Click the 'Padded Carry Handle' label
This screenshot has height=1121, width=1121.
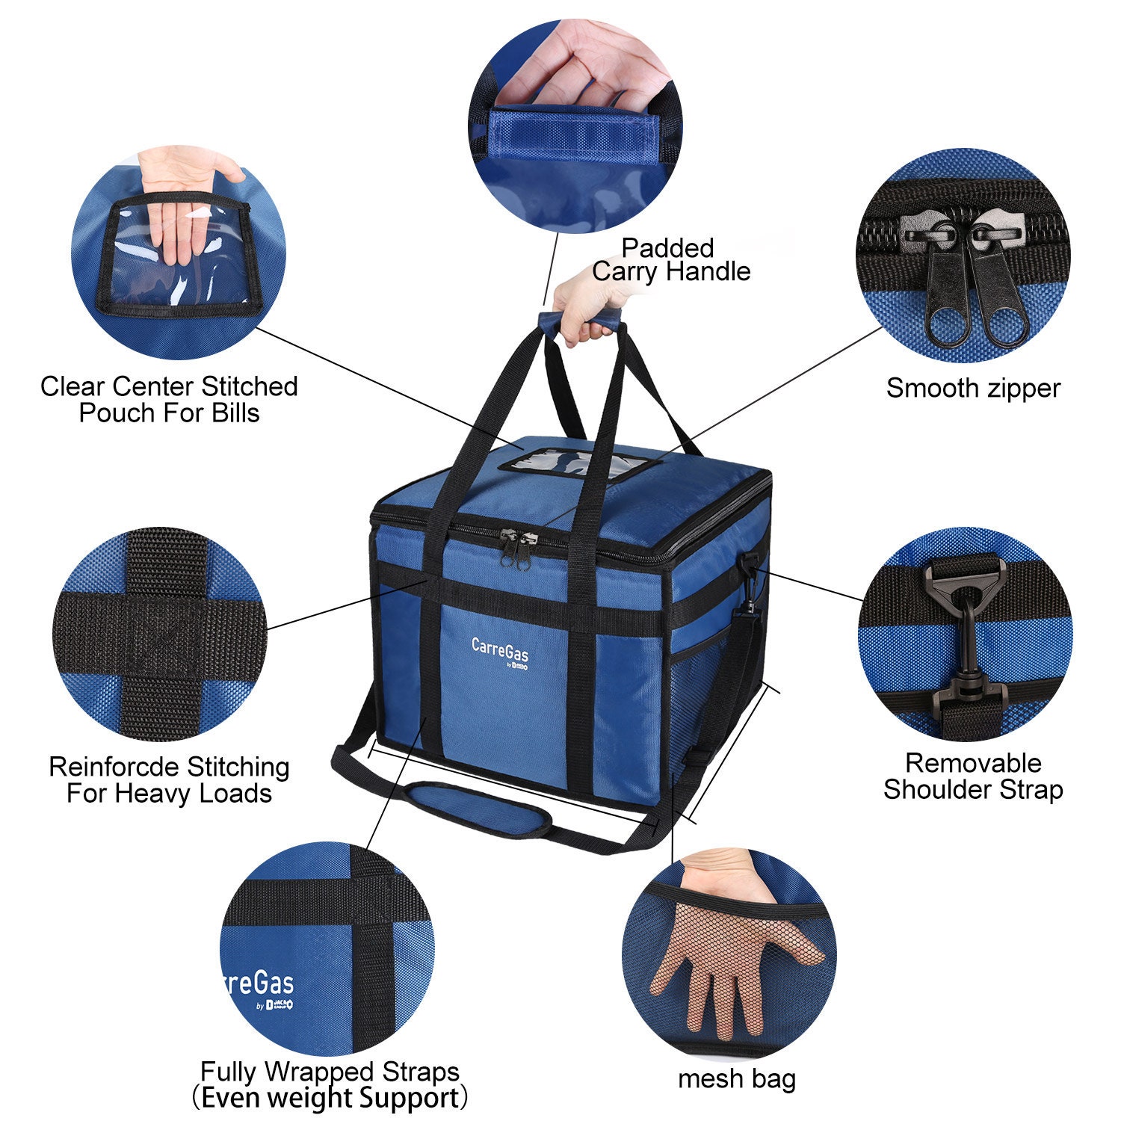pyautogui.click(x=670, y=259)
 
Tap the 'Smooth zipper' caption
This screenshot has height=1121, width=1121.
pyautogui.click(x=973, y=389)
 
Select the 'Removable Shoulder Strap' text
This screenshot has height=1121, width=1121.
pyautogui.click(x=973, y=776)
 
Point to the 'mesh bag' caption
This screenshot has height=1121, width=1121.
pyautogui.click(x=737, y=1079)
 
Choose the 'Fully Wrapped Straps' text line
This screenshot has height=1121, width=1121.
pyautogui.click(x=330, y=1072)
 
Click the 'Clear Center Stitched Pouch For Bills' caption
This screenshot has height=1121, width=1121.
pyautogui.click(x=169, y=400)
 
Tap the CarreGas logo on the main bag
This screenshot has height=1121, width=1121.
pyautogui.click(x=500, y=649)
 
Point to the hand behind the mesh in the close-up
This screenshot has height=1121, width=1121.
pyautogui.click(x=729, y=949)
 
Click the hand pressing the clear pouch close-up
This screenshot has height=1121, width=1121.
pyautogui.click(x=183, y=209)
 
